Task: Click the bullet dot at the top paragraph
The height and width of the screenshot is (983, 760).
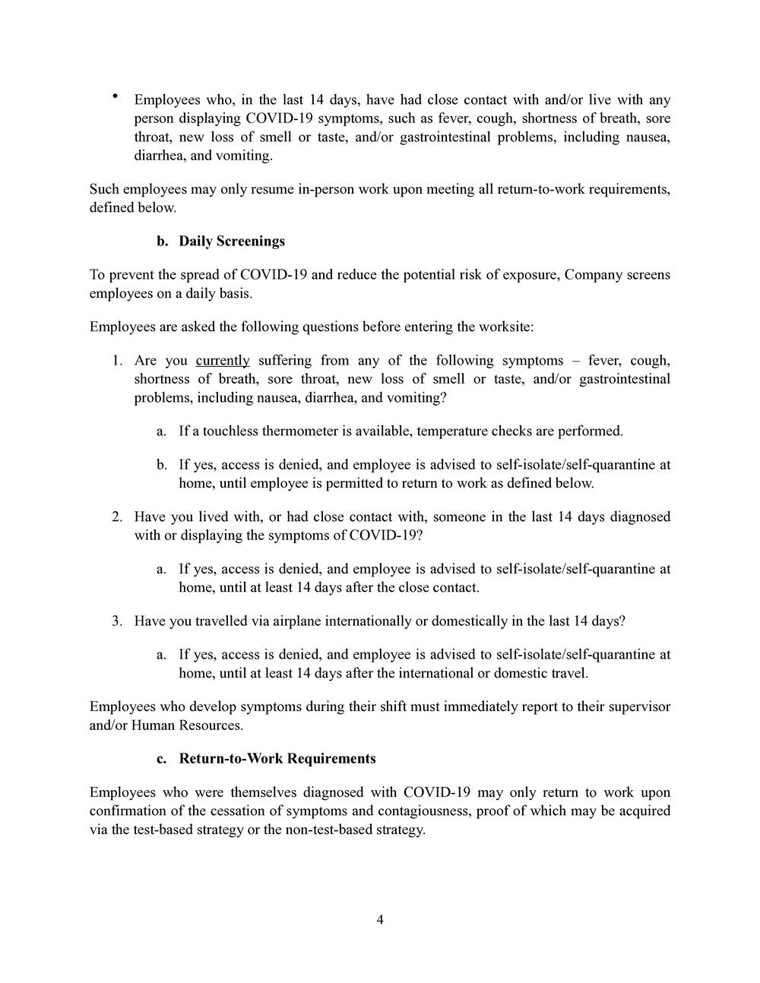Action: (115, 96)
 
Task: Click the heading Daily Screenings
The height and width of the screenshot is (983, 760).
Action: (232, 241)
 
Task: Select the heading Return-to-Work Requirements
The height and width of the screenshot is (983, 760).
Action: (277, 758)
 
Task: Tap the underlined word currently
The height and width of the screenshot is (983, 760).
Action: (223, 360)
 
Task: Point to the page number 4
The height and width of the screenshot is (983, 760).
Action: (380, 920)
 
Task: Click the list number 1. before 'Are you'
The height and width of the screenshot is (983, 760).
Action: (117, 360)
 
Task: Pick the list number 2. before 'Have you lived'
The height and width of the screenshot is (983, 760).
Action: (117, 517)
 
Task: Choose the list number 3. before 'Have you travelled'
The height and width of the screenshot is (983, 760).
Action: (117, 621)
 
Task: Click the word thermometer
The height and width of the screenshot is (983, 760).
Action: (300, 431)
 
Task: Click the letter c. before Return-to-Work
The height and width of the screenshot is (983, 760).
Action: (161, 758)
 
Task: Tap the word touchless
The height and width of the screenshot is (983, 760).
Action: (230, 431)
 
